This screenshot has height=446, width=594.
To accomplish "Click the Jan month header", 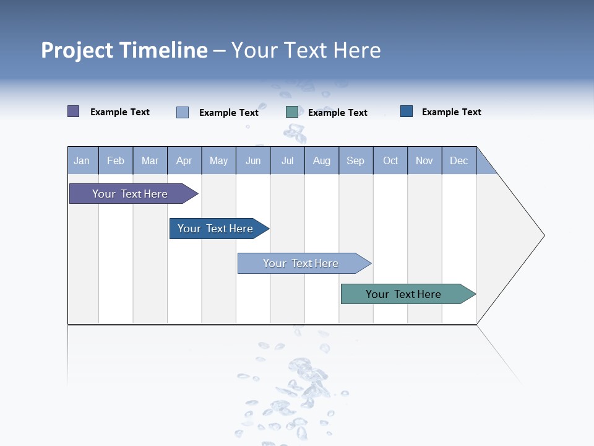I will (x=82, y=160).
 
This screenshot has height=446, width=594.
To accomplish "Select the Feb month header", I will (x=116, y=160).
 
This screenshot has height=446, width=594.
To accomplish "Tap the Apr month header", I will (x=184, y=160).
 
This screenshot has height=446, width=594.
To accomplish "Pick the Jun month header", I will (x=253, y=160).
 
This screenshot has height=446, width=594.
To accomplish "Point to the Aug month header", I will (x=322, y=160).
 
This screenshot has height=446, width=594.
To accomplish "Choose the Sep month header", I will (x=356, y=160).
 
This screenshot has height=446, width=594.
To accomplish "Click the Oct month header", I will (x=390, y=160).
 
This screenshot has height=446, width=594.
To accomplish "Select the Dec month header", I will (x=459, y=160).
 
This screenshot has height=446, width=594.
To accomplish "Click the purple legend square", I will (x=74, y=111).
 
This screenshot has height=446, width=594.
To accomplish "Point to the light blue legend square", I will (x=183, y=112).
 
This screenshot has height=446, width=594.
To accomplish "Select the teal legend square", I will (x=292, y=111).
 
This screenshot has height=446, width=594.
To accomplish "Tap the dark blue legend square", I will (x=407, y=111).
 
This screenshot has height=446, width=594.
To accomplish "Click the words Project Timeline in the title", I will (x=124, y=50).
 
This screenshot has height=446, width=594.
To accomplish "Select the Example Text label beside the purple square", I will (x=120, y=112).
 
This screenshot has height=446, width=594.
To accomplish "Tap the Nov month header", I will (x=424, y=160).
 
